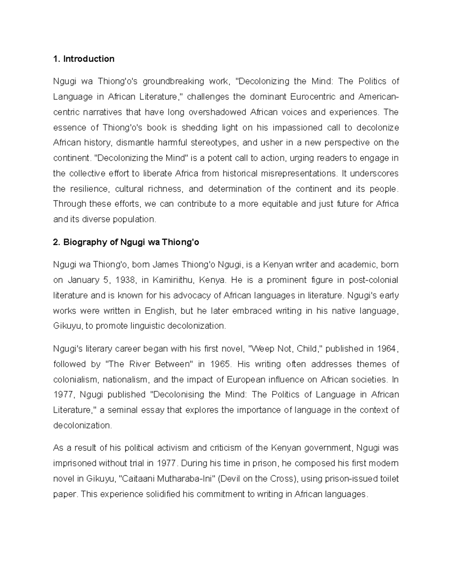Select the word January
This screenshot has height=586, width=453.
point(83,280)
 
